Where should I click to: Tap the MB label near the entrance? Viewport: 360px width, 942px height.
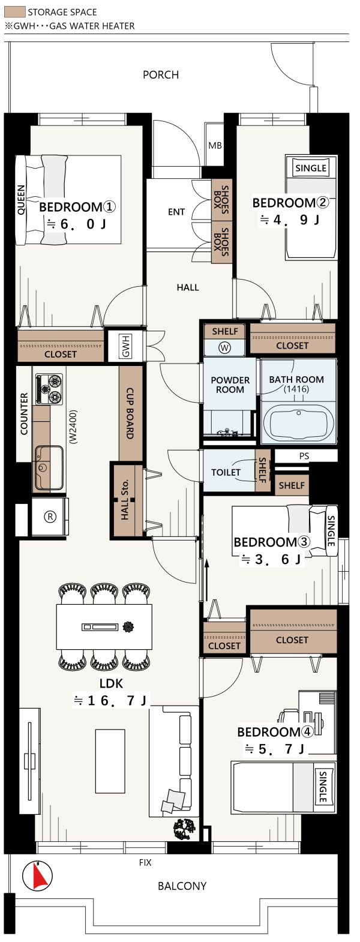(x=215, y=146)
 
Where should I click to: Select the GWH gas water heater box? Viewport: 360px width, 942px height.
(x=124, y=346)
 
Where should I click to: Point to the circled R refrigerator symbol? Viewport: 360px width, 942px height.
(x=50, y=517)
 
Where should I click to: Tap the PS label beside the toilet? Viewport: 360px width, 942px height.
(x=304, y=456)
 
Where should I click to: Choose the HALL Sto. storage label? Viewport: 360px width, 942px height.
(x=125, y=500)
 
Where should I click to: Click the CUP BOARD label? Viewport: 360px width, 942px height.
(x=130, y=413)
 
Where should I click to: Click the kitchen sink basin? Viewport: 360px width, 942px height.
(x=49, y=467)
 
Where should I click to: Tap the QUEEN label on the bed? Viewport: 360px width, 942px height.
(x=22, y=200)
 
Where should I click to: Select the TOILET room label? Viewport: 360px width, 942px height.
(x=226, y=472)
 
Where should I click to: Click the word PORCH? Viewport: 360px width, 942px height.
(x=161, y=75)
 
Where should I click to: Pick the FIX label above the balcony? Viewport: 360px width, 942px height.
(x=145, y=863)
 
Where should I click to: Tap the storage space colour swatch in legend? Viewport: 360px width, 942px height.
(x=15, y=12)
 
